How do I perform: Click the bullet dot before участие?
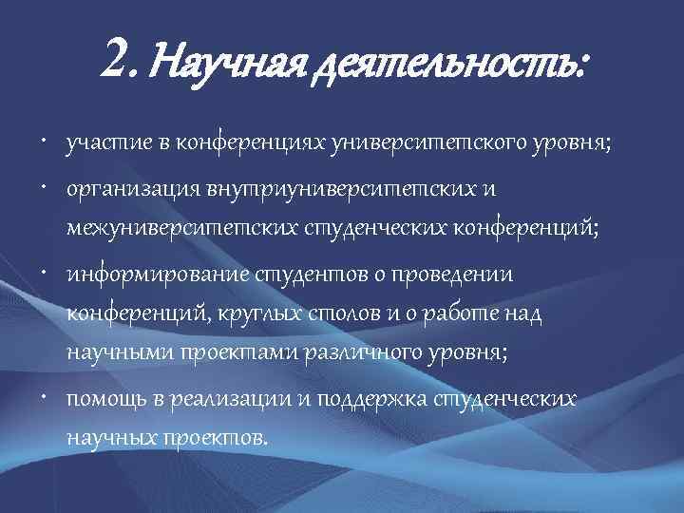point(46,142)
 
